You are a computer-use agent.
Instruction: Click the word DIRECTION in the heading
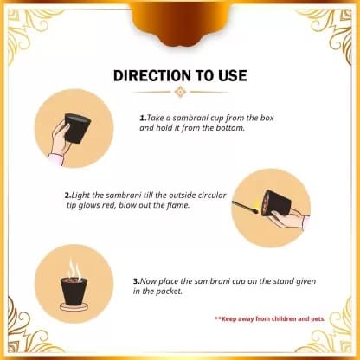[x=152, y=75]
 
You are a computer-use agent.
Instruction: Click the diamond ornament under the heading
[x=180, y=92]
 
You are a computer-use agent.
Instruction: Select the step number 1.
[x=143, y=118]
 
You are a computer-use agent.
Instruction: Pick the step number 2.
[x=67, y=196]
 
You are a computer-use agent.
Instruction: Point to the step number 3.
[x=137, y=281]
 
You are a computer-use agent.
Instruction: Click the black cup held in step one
[x=77, y=127]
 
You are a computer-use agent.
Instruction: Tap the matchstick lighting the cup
[x=245, y=207]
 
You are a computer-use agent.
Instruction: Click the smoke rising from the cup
[x=74, y=269]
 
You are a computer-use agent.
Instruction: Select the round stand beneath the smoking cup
[x=74, y=307]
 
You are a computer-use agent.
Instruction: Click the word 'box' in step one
[x=267, y=118]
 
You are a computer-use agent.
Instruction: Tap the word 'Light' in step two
[x=80, y=196]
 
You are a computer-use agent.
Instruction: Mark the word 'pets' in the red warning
[x=318, y=319]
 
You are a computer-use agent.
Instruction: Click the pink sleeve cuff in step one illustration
[x=56, y=159]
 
